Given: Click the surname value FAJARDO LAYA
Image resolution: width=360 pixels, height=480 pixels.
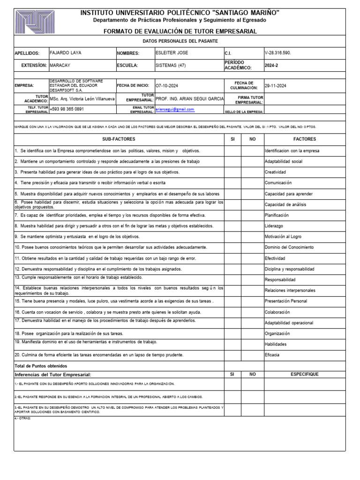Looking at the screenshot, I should (65, 53).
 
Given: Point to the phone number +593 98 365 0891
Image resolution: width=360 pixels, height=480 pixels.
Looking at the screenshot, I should (67, 109).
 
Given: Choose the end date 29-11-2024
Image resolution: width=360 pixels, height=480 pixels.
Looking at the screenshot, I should (275, 86).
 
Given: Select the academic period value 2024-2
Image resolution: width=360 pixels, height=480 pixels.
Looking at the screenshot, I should (271, 66).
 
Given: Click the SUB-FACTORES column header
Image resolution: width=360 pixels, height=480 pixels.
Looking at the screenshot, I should (119, 139).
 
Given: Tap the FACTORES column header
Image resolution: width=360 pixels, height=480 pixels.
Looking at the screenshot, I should (304, 139).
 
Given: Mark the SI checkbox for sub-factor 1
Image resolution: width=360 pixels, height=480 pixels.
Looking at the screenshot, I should (232, 151).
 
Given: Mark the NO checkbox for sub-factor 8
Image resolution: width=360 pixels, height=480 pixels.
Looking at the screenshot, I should (252, 226).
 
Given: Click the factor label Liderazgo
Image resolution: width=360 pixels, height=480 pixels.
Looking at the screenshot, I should (274, 226).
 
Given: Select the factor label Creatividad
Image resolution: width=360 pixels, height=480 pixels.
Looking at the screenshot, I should (275, 172).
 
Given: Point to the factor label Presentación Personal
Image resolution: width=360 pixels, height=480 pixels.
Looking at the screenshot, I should (286, 301).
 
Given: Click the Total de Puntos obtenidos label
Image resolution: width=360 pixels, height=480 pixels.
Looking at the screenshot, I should (41, 365).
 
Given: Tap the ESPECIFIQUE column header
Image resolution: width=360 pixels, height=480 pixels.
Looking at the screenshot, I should (304, 375).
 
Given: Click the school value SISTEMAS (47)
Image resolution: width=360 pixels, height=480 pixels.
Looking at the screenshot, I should (171, 66).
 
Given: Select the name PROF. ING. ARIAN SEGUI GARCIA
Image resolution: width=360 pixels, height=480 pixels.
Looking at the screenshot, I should (189, 98).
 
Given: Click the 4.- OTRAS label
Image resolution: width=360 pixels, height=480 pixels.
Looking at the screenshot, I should (22, 418).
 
